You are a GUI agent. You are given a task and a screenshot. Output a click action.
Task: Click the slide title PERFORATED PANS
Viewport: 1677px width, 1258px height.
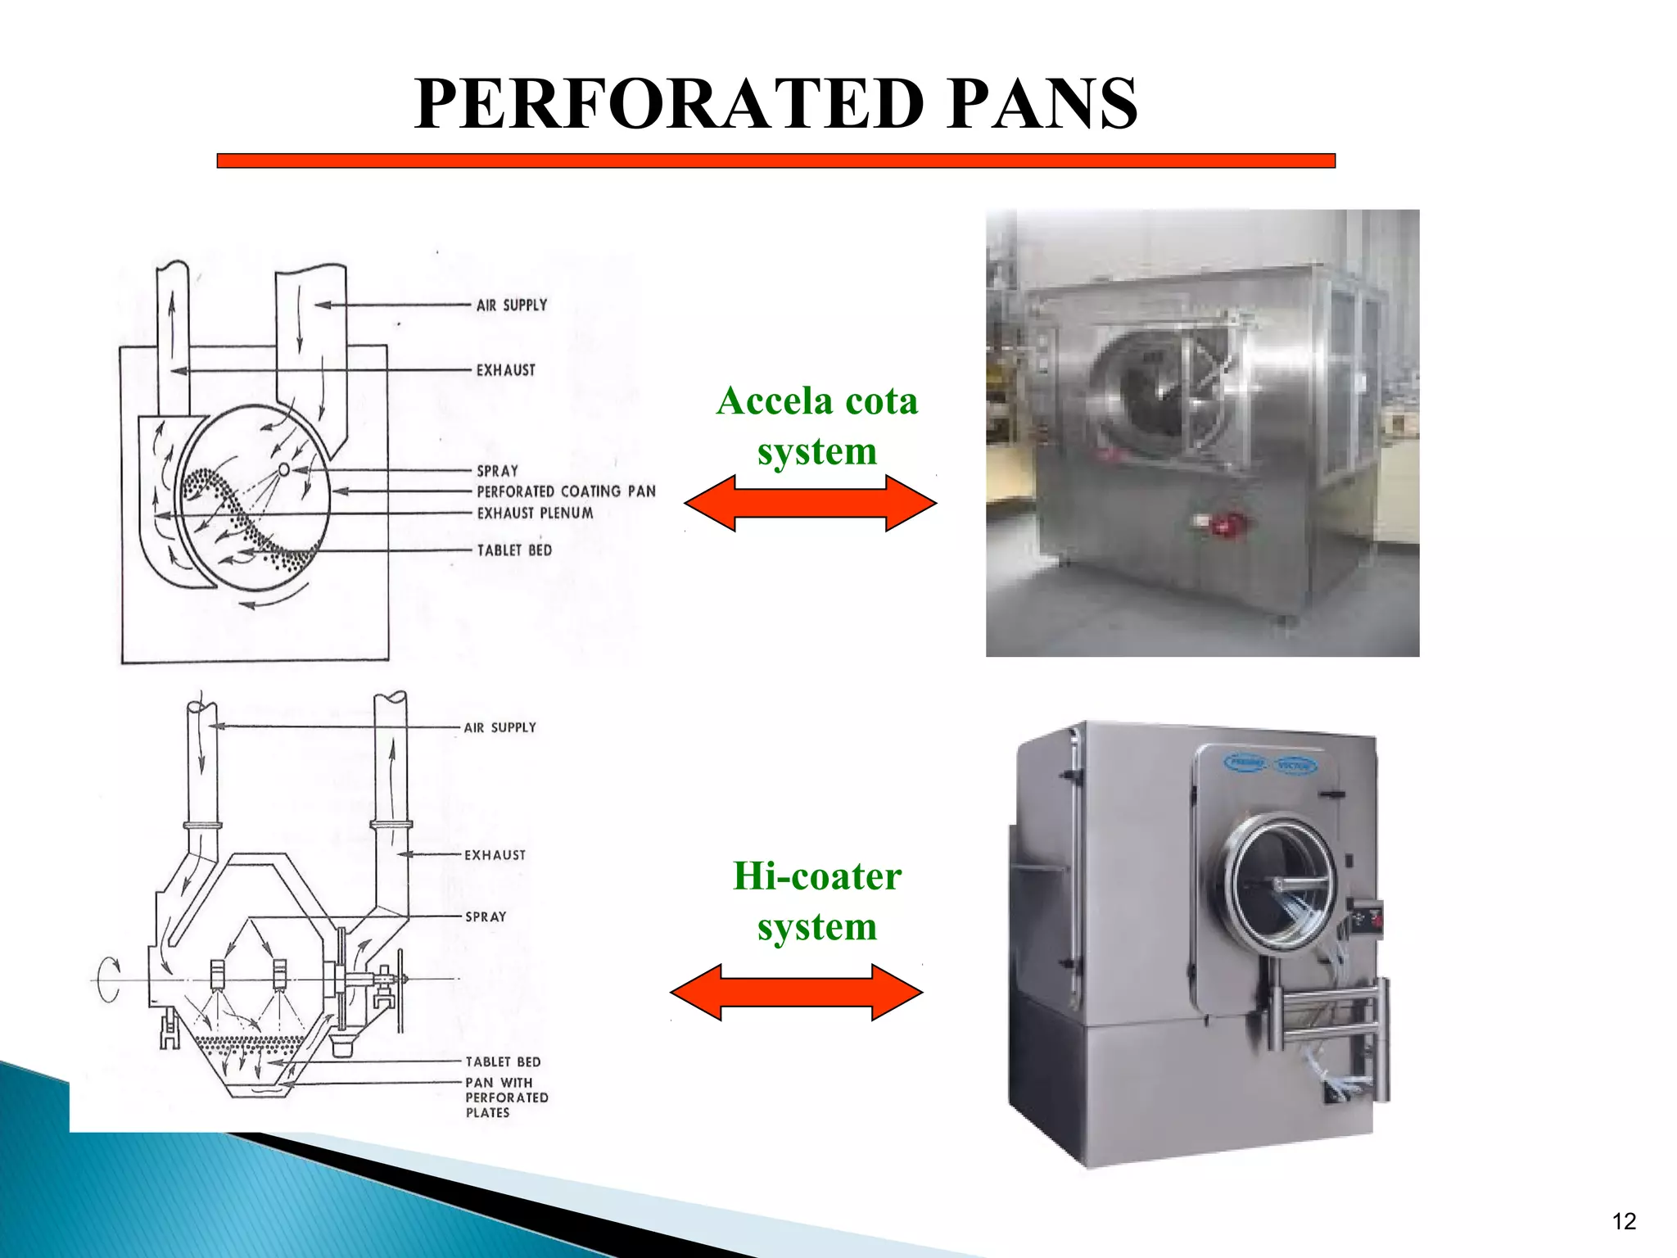775,104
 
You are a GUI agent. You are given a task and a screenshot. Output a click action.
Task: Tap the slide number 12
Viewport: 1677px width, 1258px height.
1623,1221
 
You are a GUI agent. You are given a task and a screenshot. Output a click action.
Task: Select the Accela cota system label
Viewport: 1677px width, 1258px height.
816,426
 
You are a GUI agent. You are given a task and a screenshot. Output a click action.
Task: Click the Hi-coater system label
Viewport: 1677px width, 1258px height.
816,901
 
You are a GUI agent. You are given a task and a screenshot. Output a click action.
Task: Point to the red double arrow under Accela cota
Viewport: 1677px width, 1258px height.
810,504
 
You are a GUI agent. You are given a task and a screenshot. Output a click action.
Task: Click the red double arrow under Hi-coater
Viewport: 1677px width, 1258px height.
796,992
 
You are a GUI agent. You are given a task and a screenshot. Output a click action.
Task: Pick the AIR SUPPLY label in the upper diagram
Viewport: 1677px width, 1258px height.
512,305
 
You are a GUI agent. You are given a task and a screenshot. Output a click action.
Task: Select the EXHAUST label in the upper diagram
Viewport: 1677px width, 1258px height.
506,370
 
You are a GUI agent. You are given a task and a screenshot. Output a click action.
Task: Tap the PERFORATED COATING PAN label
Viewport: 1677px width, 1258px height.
566,491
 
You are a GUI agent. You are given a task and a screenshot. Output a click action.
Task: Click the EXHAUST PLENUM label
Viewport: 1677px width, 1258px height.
535,514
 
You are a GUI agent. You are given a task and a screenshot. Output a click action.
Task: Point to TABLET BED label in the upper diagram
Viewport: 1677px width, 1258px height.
514,550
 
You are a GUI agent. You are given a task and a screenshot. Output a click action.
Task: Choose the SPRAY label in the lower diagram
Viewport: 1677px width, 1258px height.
486,917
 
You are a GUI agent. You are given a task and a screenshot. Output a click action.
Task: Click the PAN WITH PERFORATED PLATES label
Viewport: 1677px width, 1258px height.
506,1097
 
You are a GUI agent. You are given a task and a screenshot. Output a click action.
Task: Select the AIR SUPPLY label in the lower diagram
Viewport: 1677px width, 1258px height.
499,727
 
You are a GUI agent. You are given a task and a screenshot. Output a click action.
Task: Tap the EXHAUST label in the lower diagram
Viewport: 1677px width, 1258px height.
495,855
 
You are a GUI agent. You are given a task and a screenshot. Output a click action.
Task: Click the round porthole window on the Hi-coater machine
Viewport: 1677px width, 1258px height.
1281,885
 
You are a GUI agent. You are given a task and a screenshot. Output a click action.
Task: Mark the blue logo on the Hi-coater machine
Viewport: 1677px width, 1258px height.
1269,764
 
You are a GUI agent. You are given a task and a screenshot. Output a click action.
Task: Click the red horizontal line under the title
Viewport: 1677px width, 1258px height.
775,161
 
